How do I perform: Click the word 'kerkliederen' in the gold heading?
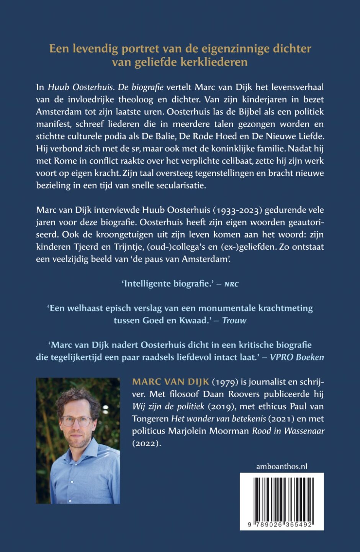click(218, 62)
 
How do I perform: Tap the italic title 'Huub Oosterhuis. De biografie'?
click(106, 87)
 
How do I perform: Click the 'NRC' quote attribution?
click(231, 284)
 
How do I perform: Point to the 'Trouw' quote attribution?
click(234, 320)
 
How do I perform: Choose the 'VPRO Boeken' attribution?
click(297, 357)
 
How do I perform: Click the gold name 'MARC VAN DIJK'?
click(171, 382)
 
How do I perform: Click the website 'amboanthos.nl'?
click(282, 467)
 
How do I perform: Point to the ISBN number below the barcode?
click(281, 525)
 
